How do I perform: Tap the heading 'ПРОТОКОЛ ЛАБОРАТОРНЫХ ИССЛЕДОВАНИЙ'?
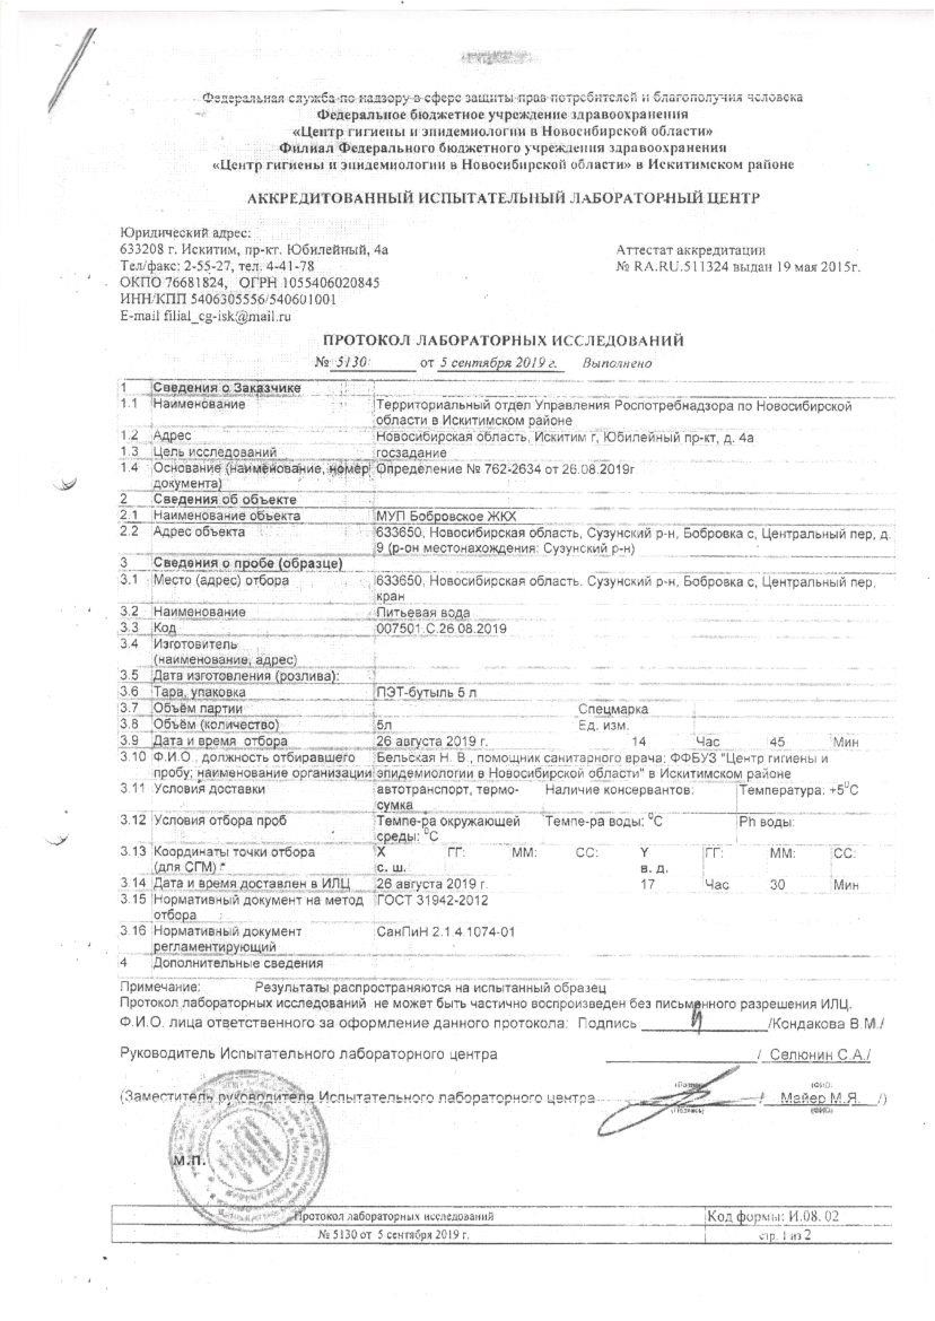pyautogui.click(x=503, y=341)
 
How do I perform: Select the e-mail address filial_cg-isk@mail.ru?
pyautogui.click(x=205, y=316)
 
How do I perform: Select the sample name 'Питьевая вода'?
pyautogui.click(x=422, y=612)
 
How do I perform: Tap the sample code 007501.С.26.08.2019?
pyautogui.click(x=440, y=628)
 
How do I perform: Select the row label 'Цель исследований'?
pyautogui.click(x=215, y=452)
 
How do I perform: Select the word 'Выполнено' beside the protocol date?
pyautogui.click(x=617, y=363)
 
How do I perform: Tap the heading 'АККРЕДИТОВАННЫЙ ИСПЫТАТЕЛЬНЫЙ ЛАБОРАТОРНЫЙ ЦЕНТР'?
pyautogui.click(x=503, y=199)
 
